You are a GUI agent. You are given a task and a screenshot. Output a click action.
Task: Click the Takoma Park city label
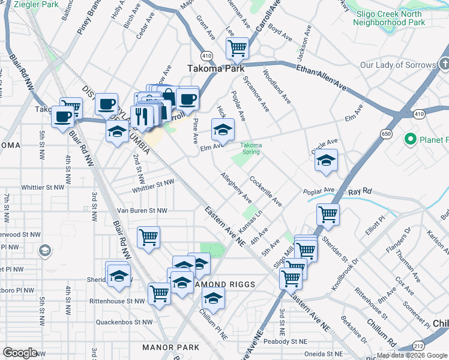[215, 69]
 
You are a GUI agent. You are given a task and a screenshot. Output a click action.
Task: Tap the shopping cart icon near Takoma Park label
[237, 48]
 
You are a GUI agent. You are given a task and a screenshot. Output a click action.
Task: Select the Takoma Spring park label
[250, 148]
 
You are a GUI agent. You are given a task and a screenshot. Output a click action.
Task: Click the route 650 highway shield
[386, 134]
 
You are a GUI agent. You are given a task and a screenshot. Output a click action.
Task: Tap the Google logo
[20, 353]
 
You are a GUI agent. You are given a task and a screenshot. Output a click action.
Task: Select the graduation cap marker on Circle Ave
[326, 161]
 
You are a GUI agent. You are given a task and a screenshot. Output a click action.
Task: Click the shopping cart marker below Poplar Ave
[328, 214]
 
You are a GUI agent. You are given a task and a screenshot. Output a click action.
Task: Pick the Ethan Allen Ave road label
[322, 77]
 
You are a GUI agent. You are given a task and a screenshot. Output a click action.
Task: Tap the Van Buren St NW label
[142, 211]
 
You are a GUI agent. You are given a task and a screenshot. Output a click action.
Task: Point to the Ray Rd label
[360, 191]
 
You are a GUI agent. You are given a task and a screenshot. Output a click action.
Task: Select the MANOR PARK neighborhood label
[170, 347]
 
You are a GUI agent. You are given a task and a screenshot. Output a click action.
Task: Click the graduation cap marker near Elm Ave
[223, 129]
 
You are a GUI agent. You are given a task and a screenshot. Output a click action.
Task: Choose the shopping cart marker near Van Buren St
[148, 236]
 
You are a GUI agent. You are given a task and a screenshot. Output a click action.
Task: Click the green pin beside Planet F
[411, 140]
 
